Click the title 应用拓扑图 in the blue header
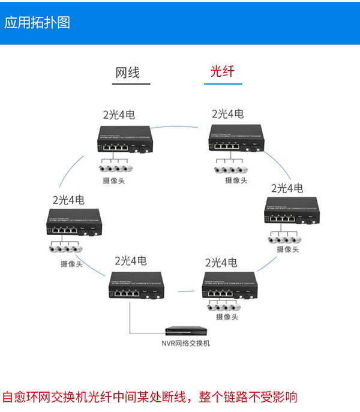[x=37, y=22]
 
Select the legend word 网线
[x=128, y=73]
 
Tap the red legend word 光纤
[x=222, y=71]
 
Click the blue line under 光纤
[x=222, y=83]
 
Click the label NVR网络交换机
[x=185, y=344]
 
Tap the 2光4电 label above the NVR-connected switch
[x=131, y=261]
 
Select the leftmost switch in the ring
[x=71, y=225]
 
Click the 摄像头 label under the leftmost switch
[x=71, y=263]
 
